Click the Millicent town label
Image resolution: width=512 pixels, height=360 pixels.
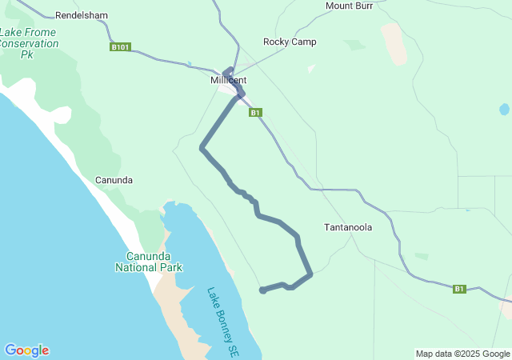tap(228, 81)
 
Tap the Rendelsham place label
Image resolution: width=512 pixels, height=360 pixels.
tap(81, 15)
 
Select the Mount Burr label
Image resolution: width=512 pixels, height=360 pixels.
tap(350, 6)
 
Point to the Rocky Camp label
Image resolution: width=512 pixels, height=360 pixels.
tap(290, 42)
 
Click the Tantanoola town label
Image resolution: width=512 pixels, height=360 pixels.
tap(348, 227)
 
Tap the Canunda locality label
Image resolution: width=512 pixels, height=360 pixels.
tap(114, 180)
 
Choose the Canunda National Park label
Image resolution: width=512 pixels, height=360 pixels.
tap(149, 262)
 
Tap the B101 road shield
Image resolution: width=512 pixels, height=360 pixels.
tap(119, 47)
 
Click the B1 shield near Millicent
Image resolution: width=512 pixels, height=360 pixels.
tap(255, 113)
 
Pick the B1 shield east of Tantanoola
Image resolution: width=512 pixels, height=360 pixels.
tap(459, 289)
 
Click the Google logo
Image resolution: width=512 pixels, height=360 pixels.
tap(26, 350)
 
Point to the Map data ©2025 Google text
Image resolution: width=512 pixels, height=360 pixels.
tap(462, 354)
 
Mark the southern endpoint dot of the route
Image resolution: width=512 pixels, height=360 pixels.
tap(262, 290)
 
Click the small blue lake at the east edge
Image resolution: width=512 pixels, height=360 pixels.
tap(503, 109)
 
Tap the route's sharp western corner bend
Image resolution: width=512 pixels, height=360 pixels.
tap(202, 147)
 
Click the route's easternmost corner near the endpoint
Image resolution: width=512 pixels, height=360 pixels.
tap(310, 274)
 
